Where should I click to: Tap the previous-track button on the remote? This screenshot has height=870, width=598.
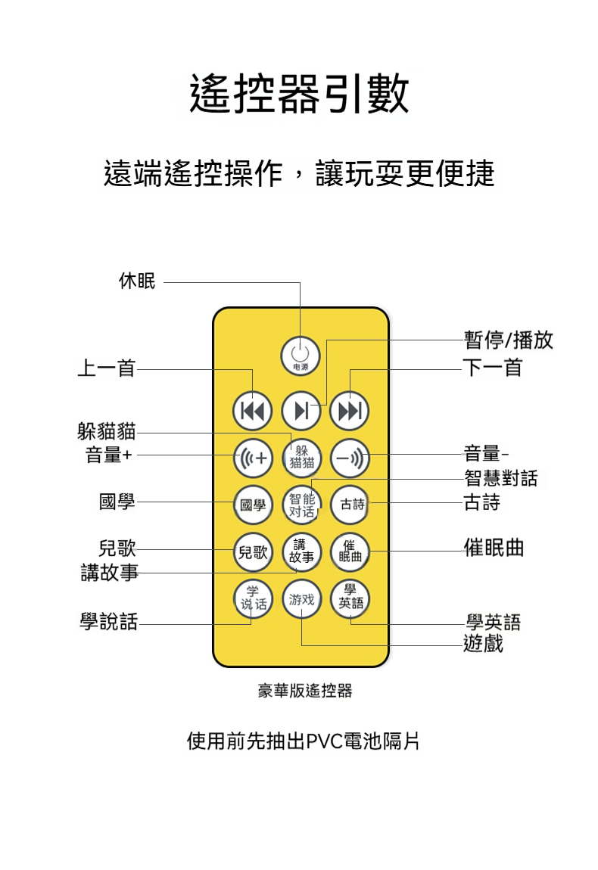[253, 411]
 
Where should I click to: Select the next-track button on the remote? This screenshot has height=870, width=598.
[350, 411]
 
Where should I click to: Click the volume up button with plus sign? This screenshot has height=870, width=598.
[253, 458]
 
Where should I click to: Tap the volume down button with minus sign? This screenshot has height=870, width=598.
[350, 458]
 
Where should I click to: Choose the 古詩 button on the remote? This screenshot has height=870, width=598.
[350, 505]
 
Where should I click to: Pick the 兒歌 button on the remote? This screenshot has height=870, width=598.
[253, 552]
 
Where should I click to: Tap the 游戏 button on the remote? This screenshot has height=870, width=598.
[301, 599]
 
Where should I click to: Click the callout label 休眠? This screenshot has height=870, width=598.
[137, 281]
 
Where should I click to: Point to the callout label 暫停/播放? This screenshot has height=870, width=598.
[508, 340]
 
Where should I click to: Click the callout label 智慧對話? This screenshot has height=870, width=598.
[500, 478]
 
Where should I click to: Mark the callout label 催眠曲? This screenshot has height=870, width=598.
[494, 548]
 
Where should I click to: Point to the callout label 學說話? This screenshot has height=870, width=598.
[109, 622]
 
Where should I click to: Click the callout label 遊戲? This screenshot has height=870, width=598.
[483, 644]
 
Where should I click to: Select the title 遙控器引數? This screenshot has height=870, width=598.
[299, 94]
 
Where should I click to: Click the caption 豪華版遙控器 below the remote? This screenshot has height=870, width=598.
[305, 691]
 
